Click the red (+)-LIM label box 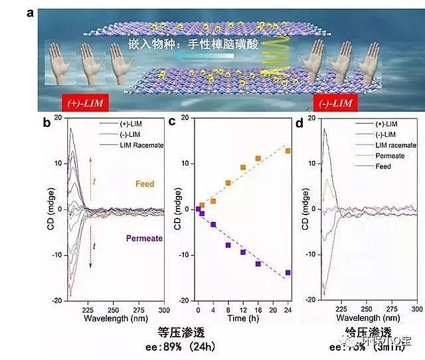click(85, 103)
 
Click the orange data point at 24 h click(288, 151)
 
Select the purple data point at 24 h click(288, 272)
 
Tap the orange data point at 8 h click(228, 183)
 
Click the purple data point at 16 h click(258, 264)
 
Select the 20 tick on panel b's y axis click(58, 117)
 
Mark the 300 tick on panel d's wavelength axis click(416, 310)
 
